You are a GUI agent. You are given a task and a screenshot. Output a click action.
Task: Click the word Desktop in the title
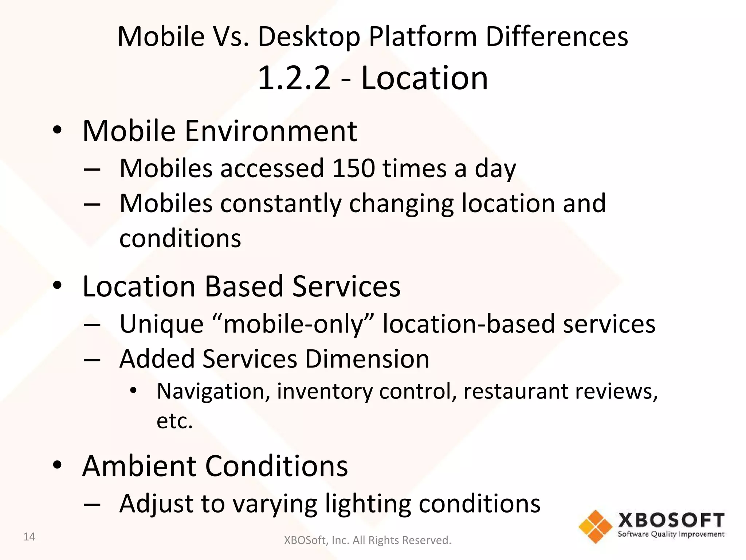click(309, 37)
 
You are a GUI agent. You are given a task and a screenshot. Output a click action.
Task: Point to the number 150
click(353, 168)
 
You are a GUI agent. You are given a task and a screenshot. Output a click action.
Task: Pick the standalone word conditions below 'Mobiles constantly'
click(180, 238)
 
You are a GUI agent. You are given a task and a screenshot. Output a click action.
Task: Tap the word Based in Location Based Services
click(244, 286)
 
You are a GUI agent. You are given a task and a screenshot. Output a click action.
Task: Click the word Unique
click(161, 324)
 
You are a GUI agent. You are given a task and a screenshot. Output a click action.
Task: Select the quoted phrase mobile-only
click(293, 324)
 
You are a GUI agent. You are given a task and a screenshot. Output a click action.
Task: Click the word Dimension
click(367, 359)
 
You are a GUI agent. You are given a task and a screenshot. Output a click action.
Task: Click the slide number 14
click(29, 537)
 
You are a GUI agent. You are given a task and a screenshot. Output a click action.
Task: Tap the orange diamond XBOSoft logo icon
click(595, 526)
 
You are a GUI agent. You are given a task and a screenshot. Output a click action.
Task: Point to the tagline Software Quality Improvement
click(671, 534)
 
